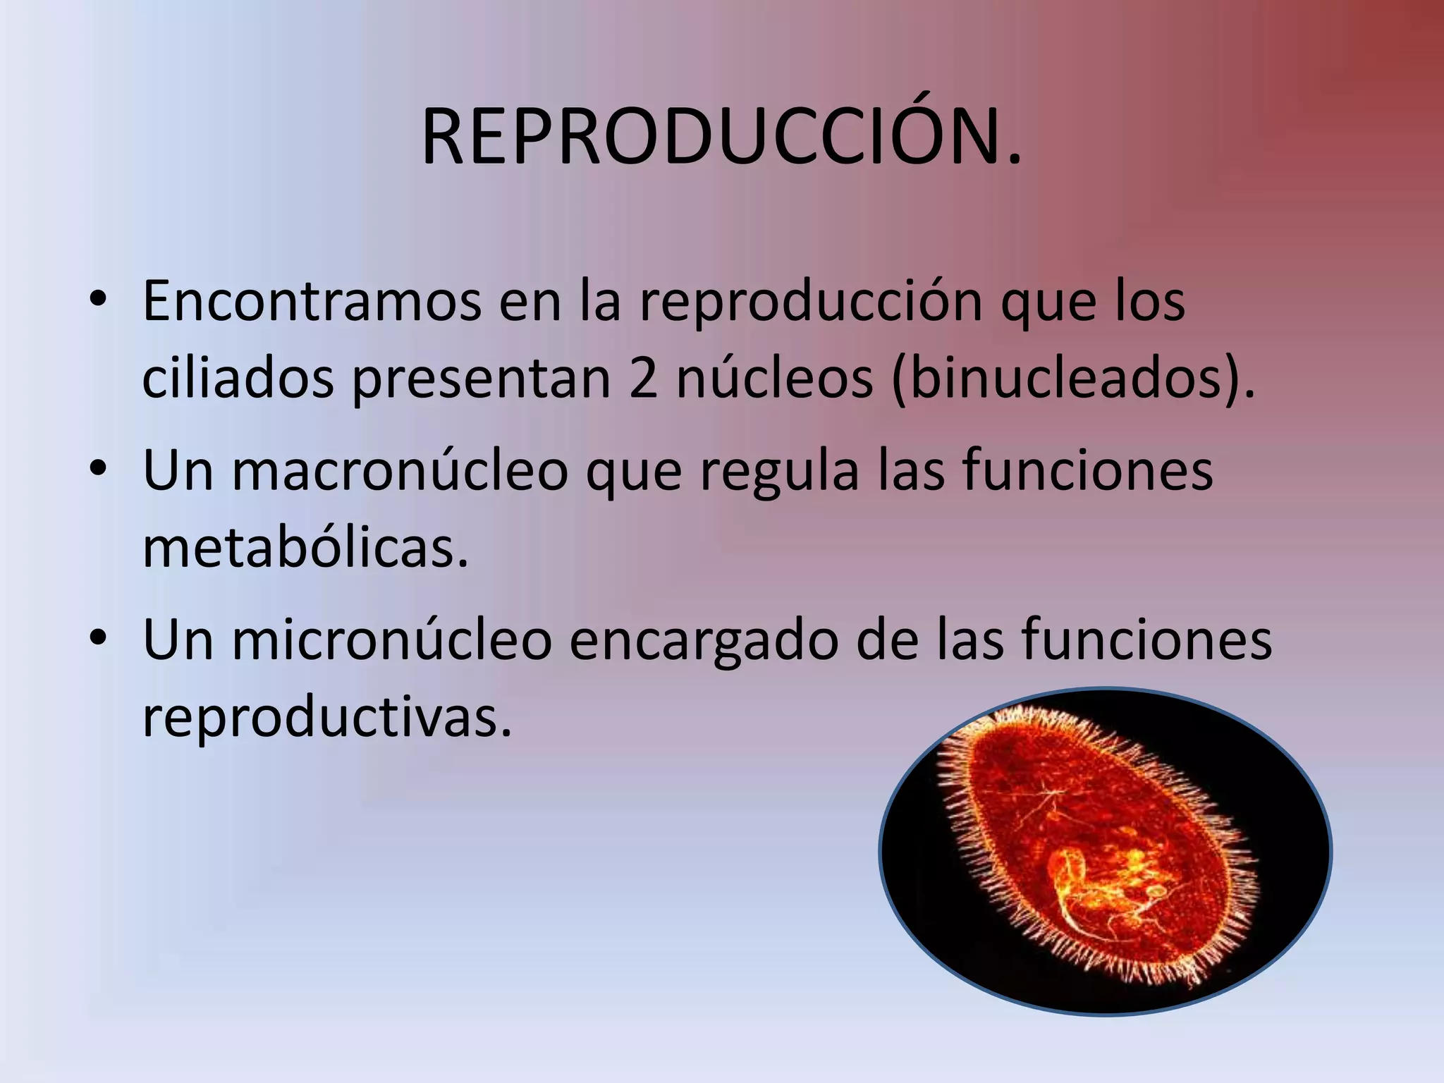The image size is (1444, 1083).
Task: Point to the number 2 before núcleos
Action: pos(643,379)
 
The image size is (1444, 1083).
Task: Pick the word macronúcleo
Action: pos(400,471)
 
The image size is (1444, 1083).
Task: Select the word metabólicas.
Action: pos(305,549)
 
